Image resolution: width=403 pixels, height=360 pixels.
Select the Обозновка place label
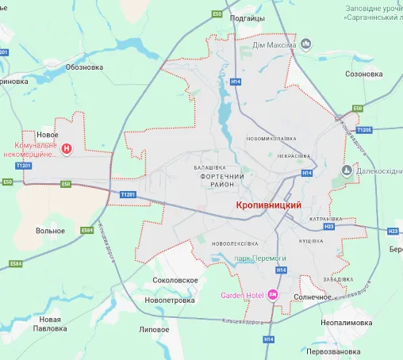coord(84,67)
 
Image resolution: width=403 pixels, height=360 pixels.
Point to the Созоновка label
coord(364,75)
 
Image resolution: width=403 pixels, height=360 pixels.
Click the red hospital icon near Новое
coord(67,147)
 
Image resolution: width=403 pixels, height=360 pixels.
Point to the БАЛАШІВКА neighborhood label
coord(210,167)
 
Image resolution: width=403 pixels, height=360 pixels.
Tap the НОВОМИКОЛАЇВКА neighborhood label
coord(271,138)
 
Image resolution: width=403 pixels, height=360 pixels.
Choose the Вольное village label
coord(50,231)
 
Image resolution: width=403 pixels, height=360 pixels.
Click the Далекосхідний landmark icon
coord(347,170)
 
